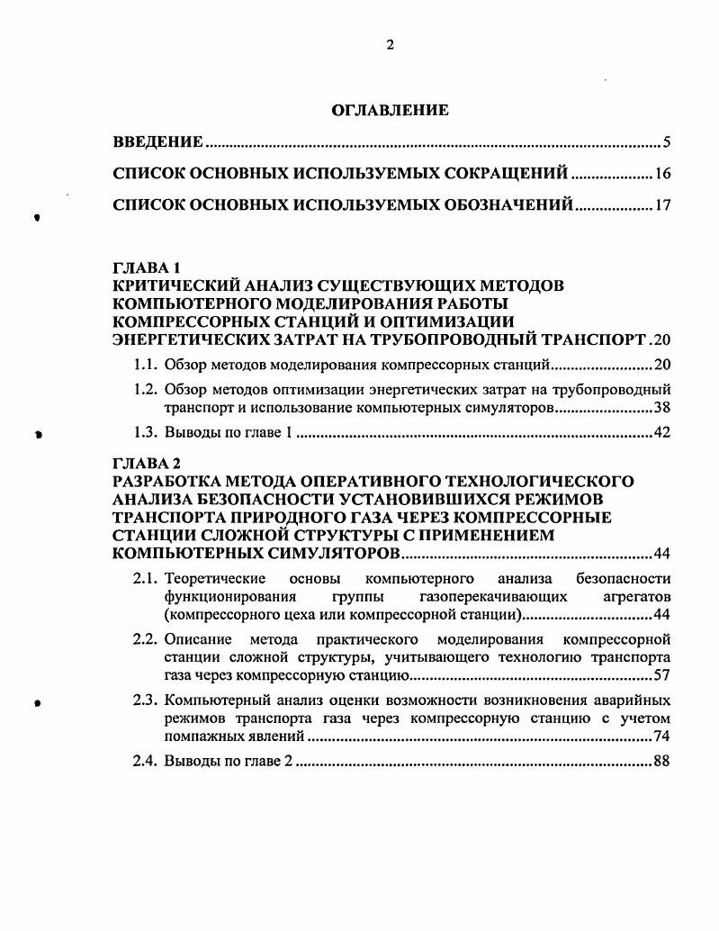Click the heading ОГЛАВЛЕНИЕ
click(390, 111)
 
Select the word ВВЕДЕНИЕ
click(157, 143)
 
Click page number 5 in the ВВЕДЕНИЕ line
click(667, 143)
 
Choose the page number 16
click(664, 174)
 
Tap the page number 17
click(664, 205)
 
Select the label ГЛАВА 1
click(147, 268)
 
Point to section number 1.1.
click(146, 366)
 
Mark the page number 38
click(663, 407)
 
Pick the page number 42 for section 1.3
click(663, 434)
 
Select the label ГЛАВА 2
click(147, 464)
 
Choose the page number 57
click(663, 674)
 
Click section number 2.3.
click(146, 700)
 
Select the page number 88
click(663, 763)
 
